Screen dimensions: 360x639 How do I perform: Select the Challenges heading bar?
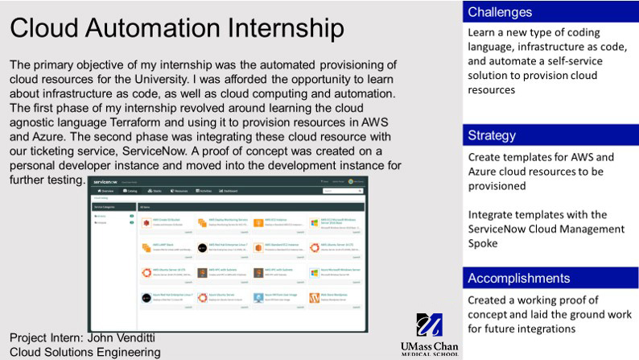[x=550, y=12]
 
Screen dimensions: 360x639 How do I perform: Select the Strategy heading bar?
[x=550, y=134]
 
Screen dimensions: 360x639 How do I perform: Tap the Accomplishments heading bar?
[x=550, y=278]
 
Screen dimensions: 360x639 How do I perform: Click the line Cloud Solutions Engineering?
[x=85, y=352]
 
